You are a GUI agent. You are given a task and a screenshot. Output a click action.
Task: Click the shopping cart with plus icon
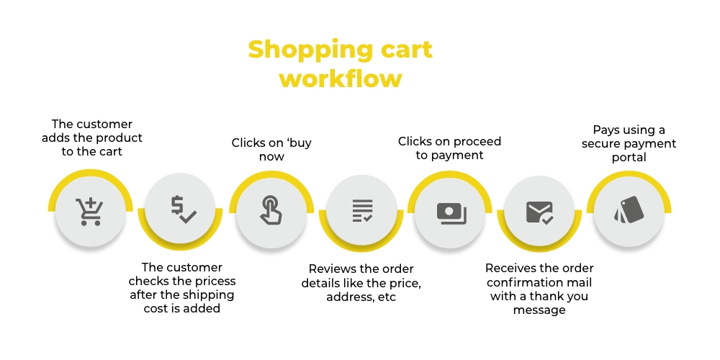89,211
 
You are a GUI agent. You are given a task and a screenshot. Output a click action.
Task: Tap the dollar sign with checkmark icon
183,210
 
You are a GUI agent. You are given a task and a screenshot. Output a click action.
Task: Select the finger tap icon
271,210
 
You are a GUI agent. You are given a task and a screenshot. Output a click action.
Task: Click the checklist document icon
362,211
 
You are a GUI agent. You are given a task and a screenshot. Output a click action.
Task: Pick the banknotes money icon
451,214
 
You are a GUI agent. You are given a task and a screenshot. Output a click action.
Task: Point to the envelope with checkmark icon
539,212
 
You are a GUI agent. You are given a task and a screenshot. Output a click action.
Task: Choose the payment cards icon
629,210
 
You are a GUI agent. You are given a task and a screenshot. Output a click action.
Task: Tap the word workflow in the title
341,78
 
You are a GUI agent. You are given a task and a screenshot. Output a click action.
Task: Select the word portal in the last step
629,158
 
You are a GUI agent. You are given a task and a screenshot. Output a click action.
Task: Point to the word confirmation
539,282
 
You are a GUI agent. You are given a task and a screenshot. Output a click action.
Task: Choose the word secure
601,144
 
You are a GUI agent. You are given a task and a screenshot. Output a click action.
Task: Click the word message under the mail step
539,310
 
